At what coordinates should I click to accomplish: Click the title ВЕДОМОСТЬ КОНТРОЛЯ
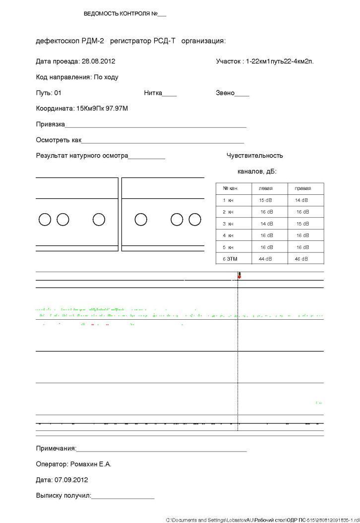tap(120, 14)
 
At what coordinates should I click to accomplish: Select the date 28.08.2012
tap(98, 61)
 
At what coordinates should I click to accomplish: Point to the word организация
tap(203, 41)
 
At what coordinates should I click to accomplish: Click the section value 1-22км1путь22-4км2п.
tap(280, 61)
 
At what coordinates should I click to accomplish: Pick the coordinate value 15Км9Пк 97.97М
tap(102, 108)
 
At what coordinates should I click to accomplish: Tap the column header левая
tap(266, 189)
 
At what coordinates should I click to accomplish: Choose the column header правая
tap(302, 189)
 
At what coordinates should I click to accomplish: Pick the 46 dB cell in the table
tap(301, 259)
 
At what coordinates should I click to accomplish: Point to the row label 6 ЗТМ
tap(230, 259)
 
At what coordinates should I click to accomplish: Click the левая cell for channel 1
tap(265, 200)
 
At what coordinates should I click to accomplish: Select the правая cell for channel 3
tap(302, 224)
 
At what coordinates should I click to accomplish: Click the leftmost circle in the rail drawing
tap(45, 219)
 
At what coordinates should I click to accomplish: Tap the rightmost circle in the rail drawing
tap(195, 219)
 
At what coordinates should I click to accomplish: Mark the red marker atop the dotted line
tap(239, 275)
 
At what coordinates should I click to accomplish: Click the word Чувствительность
tap(255, 156)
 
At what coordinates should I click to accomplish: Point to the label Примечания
tap(56, 449)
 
